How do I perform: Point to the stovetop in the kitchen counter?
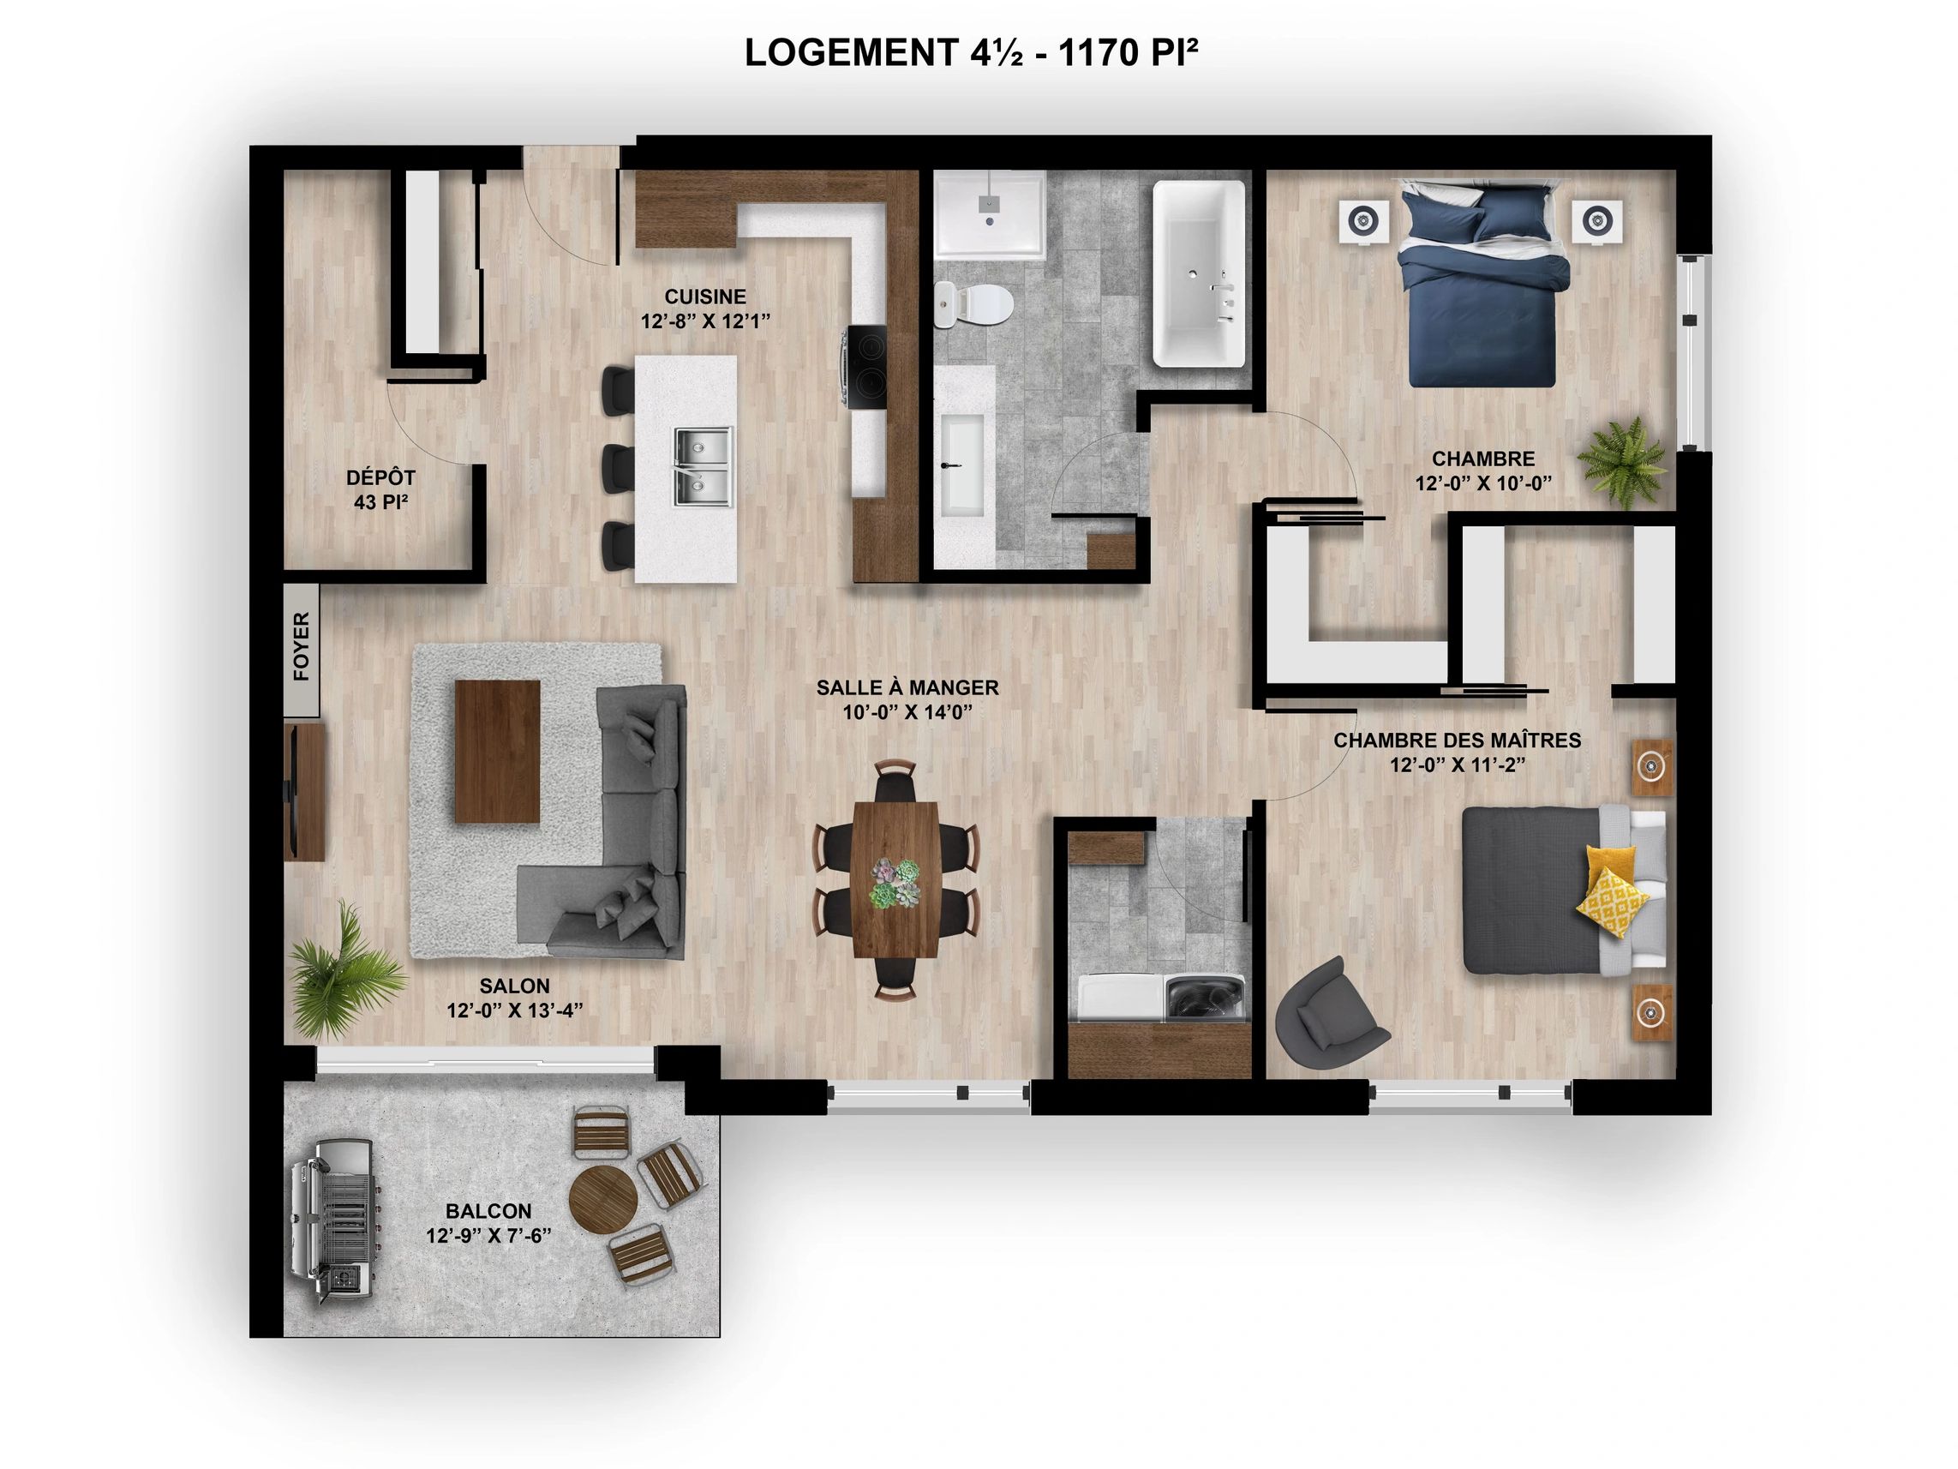(x=865, y=368)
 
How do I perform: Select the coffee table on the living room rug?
(x=497, y=752)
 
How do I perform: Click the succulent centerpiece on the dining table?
(x=895, y=883)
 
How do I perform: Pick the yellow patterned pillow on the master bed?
(x=1613, y=902)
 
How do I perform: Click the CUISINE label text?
(x=705, y=297)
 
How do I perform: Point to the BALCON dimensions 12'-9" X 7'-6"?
(x=488, y=1235)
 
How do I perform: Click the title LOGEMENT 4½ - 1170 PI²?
(x=971, y=53)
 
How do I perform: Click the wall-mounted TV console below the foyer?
(x=303, y=791)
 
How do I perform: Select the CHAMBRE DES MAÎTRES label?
(x=1457, y=740)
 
